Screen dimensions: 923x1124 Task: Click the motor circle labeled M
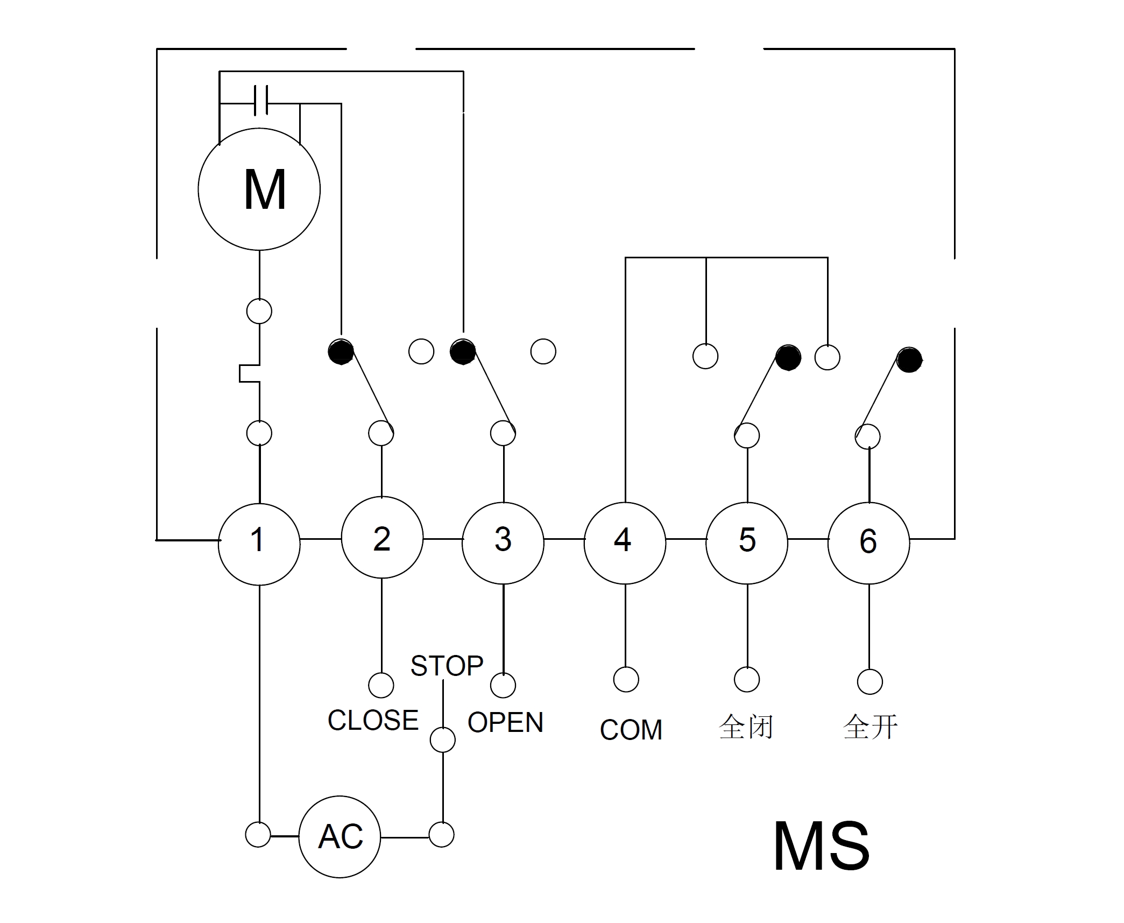(x=259, y=189)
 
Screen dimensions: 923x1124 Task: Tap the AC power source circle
(x=340, y=836)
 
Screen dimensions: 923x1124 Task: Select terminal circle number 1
(x=259, y=544)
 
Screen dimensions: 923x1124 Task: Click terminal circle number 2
(x=382, y=538)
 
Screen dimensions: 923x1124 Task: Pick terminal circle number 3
(x=503, y=543)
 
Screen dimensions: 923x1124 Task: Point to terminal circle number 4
(x=625, y=543)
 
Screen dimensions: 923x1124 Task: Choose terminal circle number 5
(x=747, y=543)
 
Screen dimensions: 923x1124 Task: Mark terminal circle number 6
(x=868, y=543)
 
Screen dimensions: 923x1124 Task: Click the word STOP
(x=447, y=666)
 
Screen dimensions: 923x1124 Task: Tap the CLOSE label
(x=373, y=720)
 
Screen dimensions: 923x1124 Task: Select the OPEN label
(x=505, y=722)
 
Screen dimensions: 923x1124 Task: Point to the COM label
(x=631, y=730)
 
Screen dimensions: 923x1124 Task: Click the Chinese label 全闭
(x=746, y=727)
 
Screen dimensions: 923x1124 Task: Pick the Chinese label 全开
(x=870, y=727)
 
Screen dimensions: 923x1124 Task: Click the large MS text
(x=821, y=846)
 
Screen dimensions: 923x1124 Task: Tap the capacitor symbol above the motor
(x=261, y=100)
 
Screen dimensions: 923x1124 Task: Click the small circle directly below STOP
(x=443, y=739)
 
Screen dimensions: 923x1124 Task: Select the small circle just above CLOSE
(x=381, y=685)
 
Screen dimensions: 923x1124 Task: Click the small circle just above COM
(x=626, y=680)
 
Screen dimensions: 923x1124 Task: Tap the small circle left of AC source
(x=258, y=835)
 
